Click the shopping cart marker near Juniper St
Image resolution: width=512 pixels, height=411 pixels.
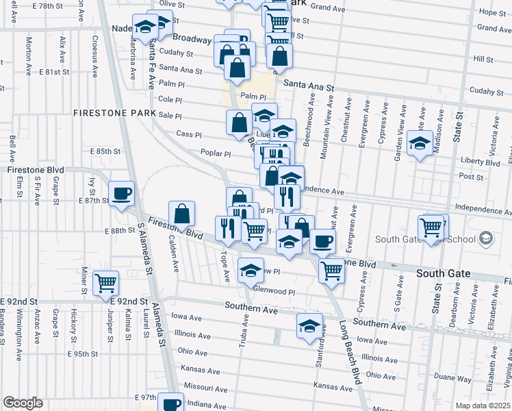coord(105,282)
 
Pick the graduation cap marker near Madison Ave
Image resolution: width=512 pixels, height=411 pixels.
coord(420,143)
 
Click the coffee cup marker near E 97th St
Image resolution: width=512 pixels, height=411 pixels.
coord(171,403)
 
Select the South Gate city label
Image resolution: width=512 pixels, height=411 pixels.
coord(444,273)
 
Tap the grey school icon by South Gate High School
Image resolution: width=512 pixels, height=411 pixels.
coord(486,239)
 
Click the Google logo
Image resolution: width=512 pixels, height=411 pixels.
coord(23,403)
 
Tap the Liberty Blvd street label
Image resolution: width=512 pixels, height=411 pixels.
coord(483,163)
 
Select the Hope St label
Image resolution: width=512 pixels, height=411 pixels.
coord(491,12)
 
